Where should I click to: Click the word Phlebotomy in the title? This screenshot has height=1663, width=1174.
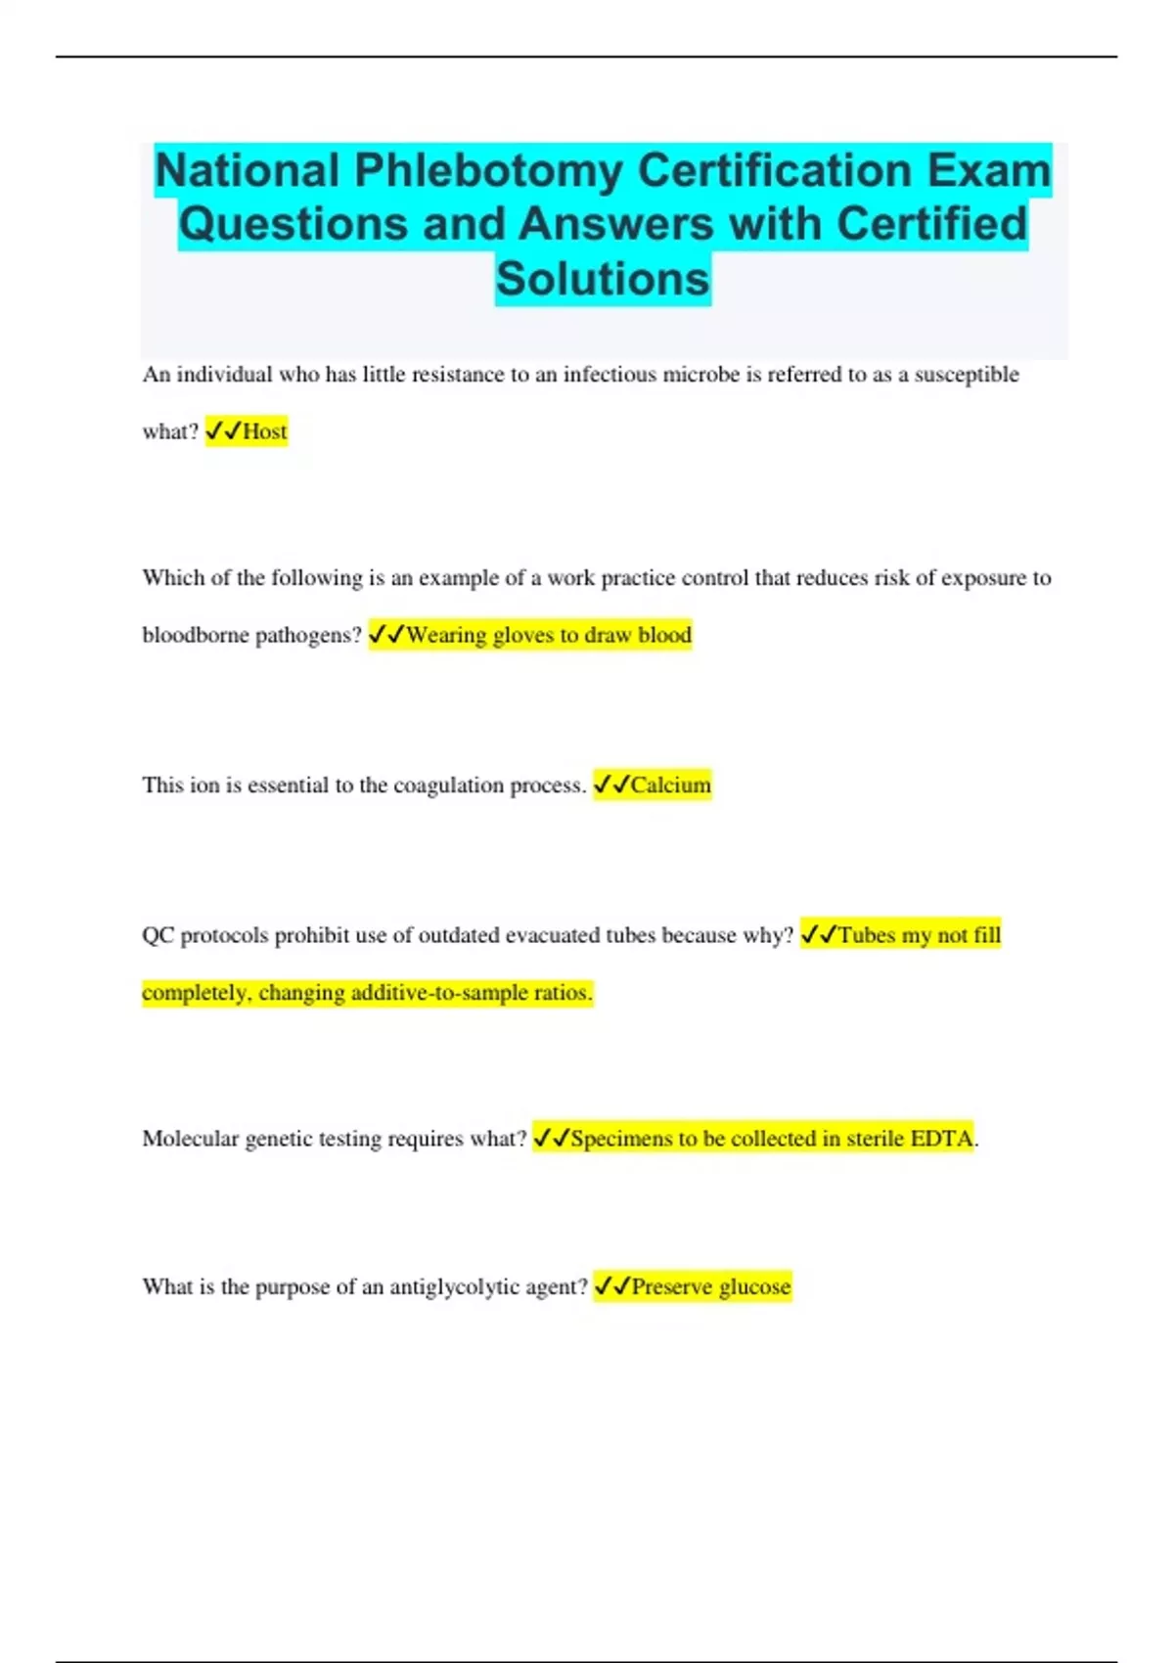pyautogui.click(x=488, y=171)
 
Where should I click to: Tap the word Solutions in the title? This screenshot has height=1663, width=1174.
pyautogui.click(x=603, y=279)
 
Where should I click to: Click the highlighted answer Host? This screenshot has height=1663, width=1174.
pyautogui.click(x=265, y=431)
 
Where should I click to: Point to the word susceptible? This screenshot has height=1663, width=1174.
pyautogui.click(x=967, y=375)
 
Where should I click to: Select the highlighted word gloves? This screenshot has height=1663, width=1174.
pyautogui.click(x=522, y=635)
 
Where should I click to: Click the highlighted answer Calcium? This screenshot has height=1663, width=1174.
pyautogui.click(x=671, y=785)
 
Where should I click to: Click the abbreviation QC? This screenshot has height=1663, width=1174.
pyautogui.click(x=158, y=935)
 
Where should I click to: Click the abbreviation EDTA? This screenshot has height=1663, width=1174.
pyautogui.click(x=942, y=1139)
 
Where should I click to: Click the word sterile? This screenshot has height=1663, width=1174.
pyautogui.click(x=875, y=1139)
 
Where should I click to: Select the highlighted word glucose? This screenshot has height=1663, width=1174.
pyautogui.click(x=754, y=1287)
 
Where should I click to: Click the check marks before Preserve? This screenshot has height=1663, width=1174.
pyautogui.click(x=611, y=1285)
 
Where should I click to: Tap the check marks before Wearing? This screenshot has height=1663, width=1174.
pyautogui.click(x=386, y=634)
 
